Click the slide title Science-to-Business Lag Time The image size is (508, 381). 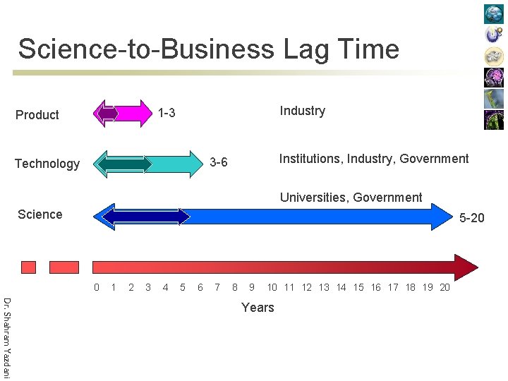point(208,49)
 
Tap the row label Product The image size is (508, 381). point(37,115)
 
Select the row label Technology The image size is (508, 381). point(47,164)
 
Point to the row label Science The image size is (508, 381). point(40,214)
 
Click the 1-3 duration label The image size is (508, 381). point(167,114)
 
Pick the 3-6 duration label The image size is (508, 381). point(219,163)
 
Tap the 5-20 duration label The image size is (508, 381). point(471,218)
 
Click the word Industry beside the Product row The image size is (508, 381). point(302,111)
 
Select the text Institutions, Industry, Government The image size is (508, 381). point(373,159)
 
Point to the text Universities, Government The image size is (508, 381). point(351,198)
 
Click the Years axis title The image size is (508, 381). point(258,308)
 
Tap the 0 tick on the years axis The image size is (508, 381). point(97,287)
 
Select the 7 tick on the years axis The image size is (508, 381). point(217,287)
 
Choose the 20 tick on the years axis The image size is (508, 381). point(445,287)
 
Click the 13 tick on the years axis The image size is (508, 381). point(324,287)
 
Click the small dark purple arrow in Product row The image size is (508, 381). point(107,113)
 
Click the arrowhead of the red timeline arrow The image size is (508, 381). point(466,267)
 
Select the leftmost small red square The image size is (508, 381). point(28,267)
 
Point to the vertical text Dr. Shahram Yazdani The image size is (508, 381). point(6,338)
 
